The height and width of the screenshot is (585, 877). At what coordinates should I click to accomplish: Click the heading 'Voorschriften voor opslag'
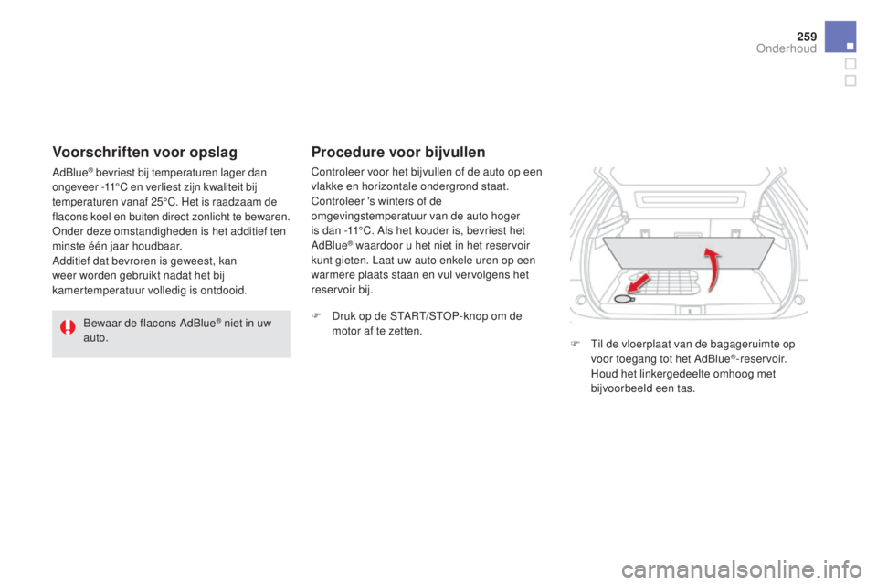tap(145, 152)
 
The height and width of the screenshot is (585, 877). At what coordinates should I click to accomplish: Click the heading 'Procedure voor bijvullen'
tap(397, 152)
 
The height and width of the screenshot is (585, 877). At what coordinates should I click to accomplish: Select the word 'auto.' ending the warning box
tap(96, 339)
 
